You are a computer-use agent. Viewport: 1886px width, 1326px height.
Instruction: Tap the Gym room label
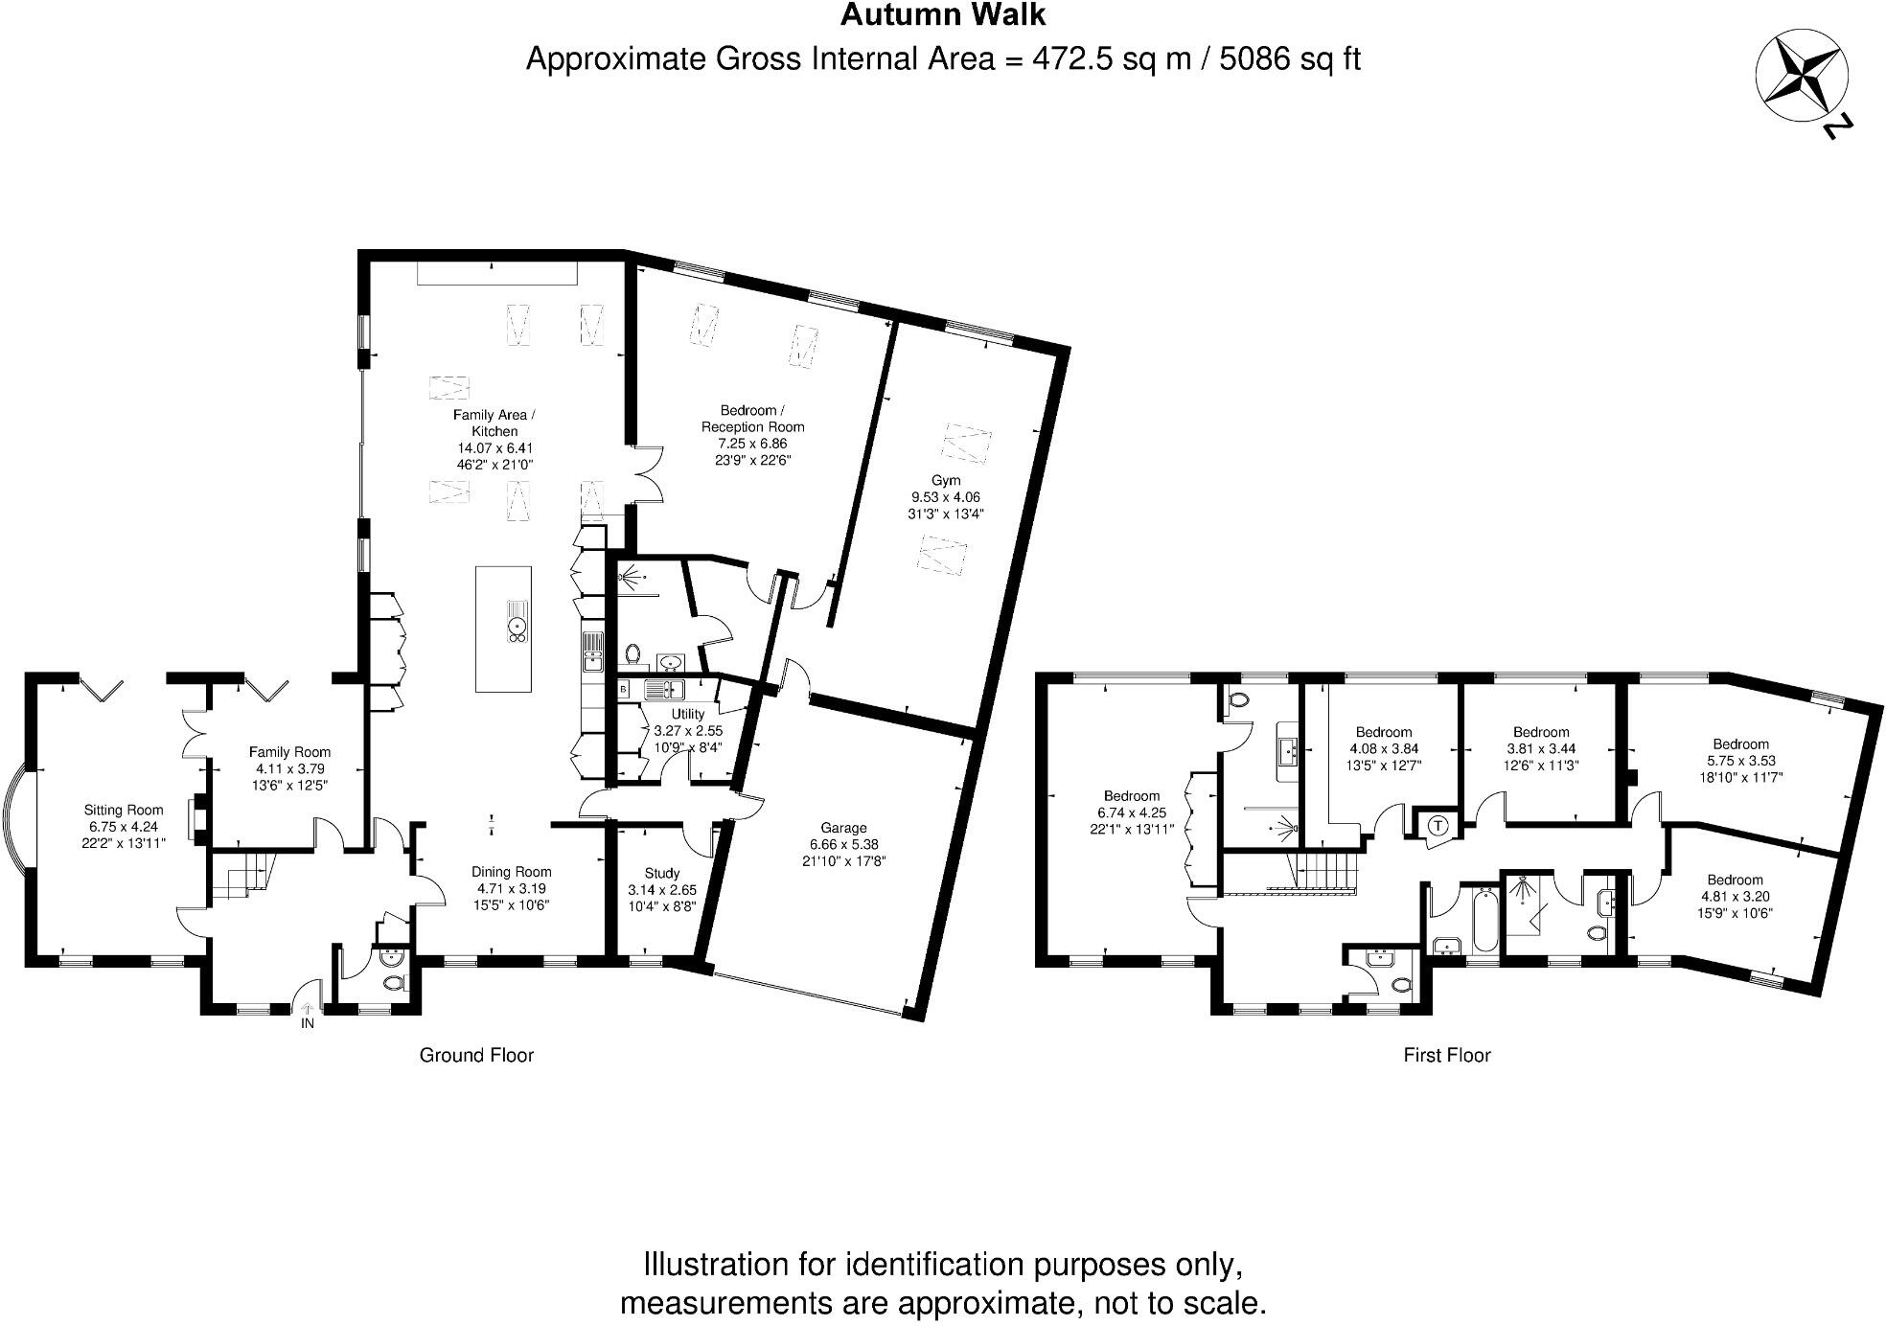(x=946, y=480)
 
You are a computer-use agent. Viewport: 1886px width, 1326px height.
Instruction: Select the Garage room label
(x=843, y=828)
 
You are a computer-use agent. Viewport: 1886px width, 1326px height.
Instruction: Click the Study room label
(x=662, y=873)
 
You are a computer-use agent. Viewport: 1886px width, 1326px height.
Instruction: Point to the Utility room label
(x=688, y=714)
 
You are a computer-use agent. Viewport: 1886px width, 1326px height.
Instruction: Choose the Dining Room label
(x=512, y=872)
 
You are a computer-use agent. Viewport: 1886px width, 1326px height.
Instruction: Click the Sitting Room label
(x=124, y=811)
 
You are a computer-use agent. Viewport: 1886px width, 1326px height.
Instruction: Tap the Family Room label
(x=289, y=752)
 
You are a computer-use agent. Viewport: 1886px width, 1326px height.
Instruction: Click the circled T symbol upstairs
(x=1438, y=825)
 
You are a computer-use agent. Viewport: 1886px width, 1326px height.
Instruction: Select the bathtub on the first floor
(x=1484, y=920)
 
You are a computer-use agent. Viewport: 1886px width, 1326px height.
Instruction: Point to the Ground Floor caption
(x=476, y=1055)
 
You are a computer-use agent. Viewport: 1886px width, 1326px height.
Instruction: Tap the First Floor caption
(x=1447, y=1055)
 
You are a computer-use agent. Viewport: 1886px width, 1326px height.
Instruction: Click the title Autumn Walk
(x=943, y=15)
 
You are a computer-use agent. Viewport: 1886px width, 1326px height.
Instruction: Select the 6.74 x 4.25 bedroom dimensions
(x=1132, y=812)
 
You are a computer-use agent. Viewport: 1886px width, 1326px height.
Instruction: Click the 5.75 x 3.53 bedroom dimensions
(x=1741, y=761)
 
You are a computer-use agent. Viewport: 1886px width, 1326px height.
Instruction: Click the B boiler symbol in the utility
(x=623, y=689)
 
